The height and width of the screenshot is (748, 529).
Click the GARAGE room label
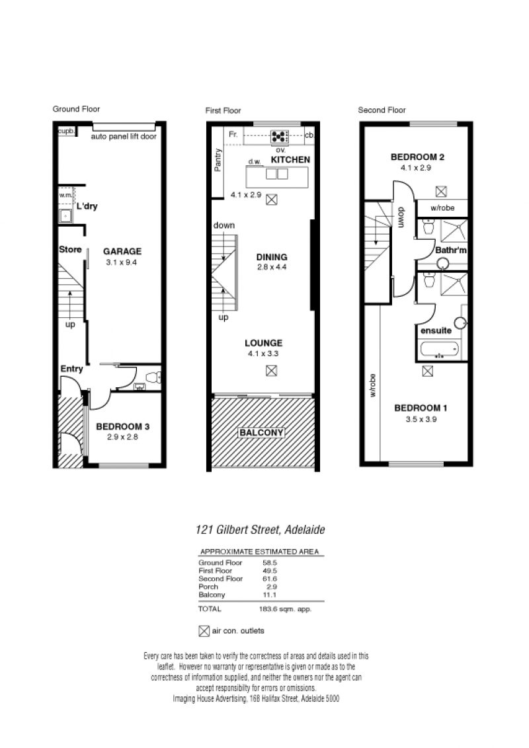point(122,251)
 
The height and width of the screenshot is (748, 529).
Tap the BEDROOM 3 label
point(123,426)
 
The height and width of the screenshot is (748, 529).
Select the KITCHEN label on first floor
point(290,160)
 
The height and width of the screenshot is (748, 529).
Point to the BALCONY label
point(261,433)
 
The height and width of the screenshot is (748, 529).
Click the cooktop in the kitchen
point(279,137)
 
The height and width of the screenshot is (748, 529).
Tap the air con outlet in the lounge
point(271,370)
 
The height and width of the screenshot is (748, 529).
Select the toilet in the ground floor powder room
point(153,378)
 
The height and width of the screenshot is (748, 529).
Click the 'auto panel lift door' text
point(124,136)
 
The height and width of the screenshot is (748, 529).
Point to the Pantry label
point(218,160)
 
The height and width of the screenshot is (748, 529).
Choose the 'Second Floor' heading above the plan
point(382,110)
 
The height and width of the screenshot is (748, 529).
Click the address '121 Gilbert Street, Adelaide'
point(261,529)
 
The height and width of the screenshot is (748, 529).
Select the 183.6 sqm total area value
point(285,609)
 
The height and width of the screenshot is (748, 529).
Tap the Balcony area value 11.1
point(270,595)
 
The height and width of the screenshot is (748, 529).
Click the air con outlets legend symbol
point(204,631)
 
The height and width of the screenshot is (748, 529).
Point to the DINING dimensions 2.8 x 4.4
point(272,267)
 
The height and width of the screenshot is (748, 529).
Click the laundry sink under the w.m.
point(65,216)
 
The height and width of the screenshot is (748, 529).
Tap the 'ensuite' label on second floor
point(436,330)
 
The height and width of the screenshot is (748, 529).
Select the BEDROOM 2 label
point(417,157)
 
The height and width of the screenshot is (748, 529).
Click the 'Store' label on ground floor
point(70,250)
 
